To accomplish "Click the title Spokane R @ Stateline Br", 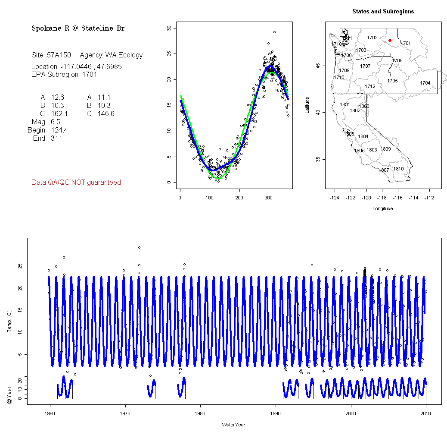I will [78, 28].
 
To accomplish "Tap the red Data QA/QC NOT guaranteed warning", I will [76, 183].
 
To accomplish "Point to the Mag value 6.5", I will [56, 122].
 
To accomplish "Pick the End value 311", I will [56, 139].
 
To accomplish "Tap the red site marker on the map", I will [390, 41].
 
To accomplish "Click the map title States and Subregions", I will [383, 12].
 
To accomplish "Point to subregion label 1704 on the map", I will [425, 83].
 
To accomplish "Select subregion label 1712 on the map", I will [370, 87].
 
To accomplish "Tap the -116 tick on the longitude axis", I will [398, 198].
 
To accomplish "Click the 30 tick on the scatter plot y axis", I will [169, 28].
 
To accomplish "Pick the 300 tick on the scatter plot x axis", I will [269, 198].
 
